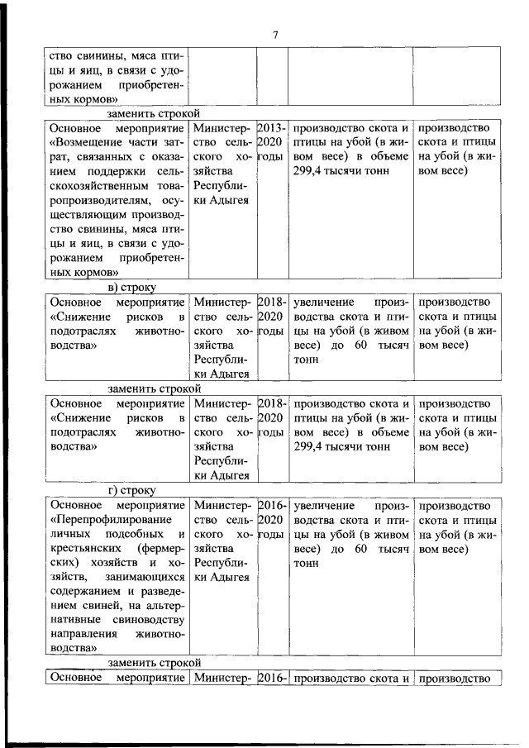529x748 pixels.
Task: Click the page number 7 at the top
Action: pyautogui.click(x=276, y=34)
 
